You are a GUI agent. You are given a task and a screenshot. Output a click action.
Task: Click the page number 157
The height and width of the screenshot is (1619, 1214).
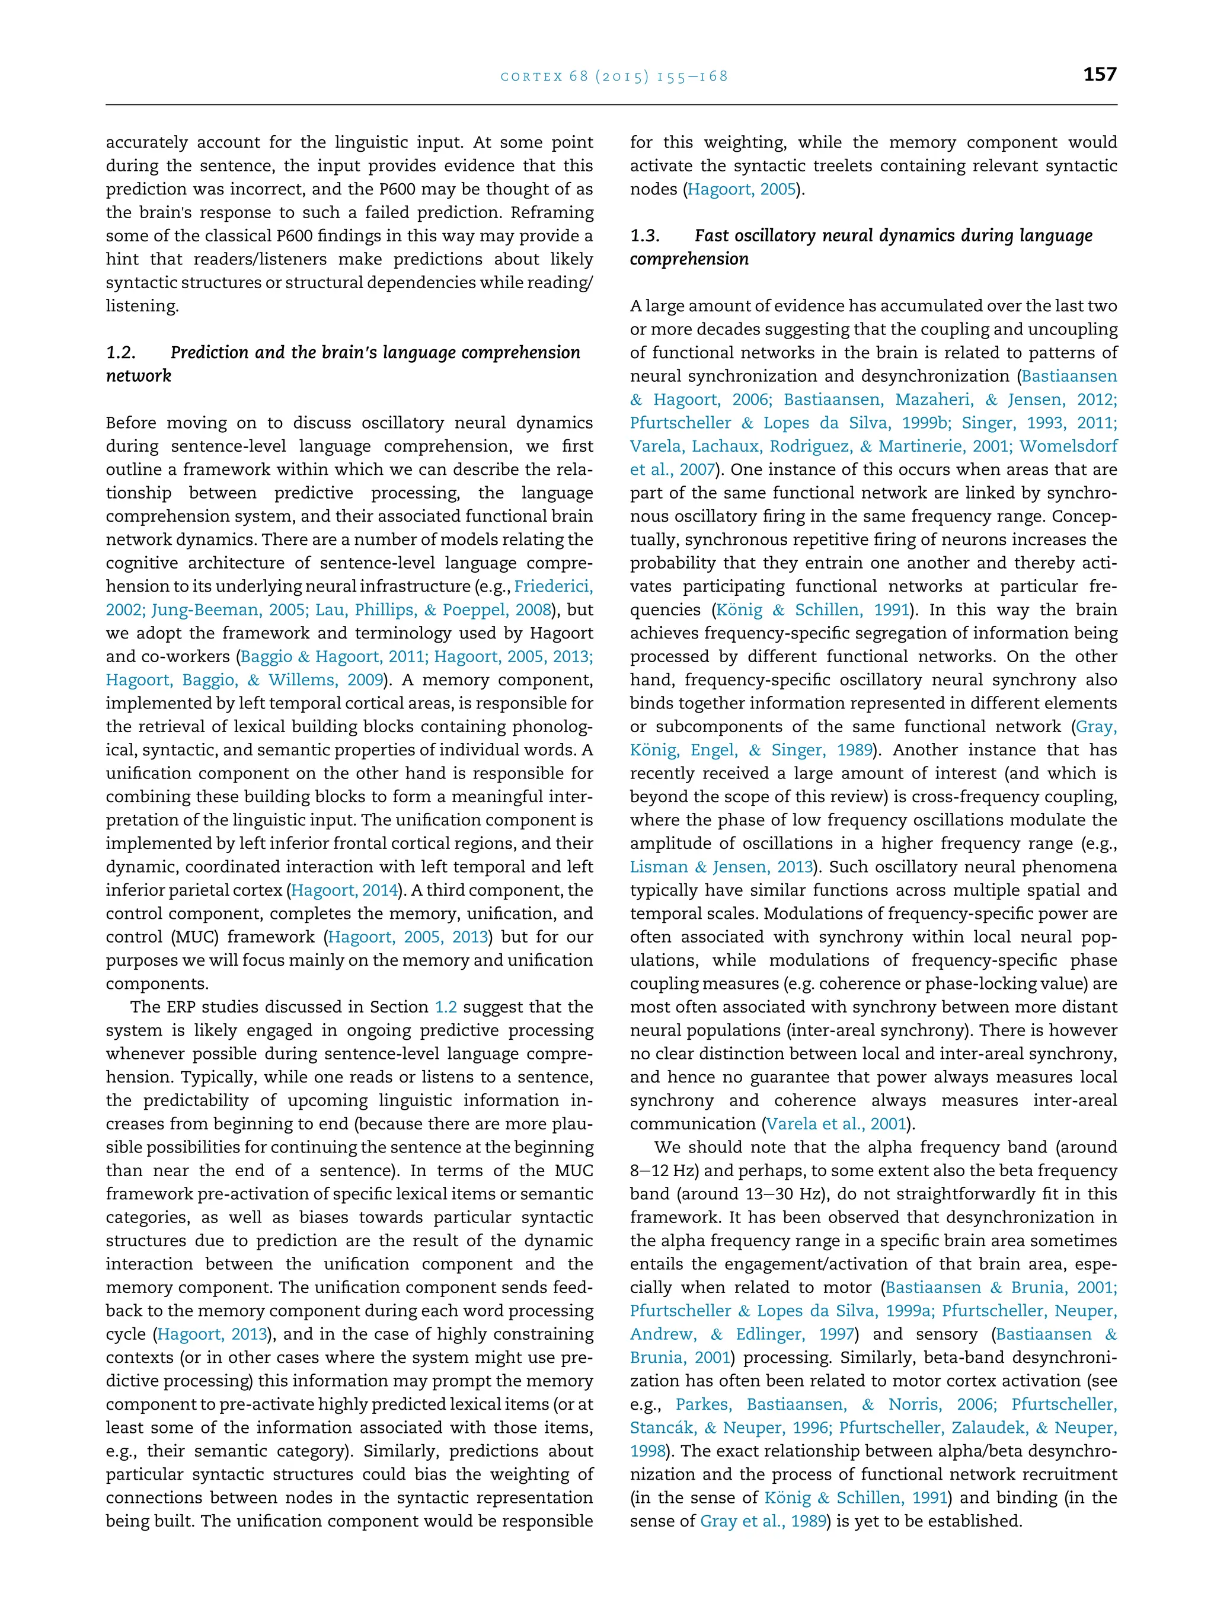pyautogui.click(x=1099, y=75)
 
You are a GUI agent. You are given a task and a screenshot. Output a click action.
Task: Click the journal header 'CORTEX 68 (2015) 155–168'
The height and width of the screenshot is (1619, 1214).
pyautogui.click(x=614, y=76)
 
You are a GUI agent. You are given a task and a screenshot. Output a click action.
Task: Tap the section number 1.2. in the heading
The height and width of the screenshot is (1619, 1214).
pyautogui.click(x=122, y=353)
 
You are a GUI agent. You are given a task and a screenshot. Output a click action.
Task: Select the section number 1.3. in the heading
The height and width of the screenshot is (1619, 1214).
pyautogui.click(x=646, y=236)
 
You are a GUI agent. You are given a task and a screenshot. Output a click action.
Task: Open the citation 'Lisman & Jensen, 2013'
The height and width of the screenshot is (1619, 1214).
pyautogui.click(x=721, y=867)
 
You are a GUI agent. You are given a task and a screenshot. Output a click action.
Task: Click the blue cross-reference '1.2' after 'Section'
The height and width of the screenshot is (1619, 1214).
pyautogui.click(x=446, y=1007)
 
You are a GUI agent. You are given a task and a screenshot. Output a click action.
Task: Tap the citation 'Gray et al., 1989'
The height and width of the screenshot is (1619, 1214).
pyautogui.click(x=763, y=1521)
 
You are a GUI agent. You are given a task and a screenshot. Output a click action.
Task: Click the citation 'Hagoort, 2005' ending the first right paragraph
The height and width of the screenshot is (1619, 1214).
pyautogui.click(x=742, y=190)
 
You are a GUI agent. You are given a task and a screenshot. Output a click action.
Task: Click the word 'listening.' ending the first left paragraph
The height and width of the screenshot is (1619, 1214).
pyautogui.click(x=142, y=306)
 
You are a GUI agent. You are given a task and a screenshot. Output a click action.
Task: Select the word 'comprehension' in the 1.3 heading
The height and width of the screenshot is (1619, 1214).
pyautogui.click(x=689, y=259)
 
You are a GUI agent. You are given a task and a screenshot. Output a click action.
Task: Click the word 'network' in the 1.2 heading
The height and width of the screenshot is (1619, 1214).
pyautogui.click(x=138, y=376)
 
